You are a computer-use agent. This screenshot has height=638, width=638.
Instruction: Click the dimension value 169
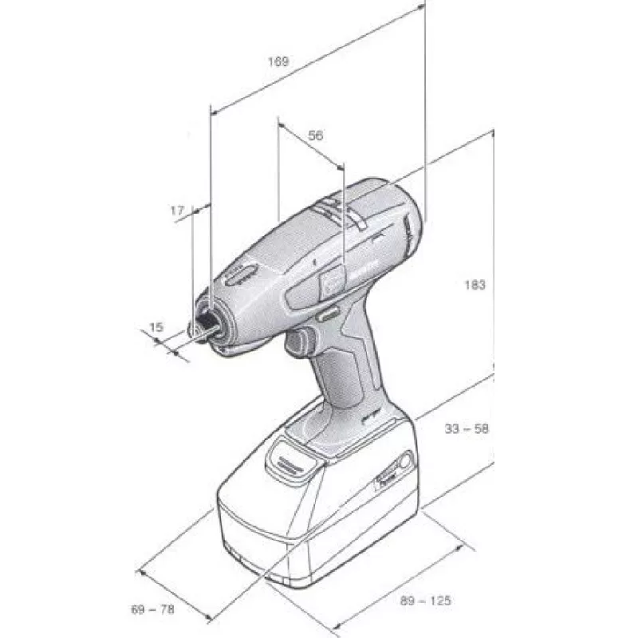278,61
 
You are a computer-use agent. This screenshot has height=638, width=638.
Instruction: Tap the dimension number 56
316,136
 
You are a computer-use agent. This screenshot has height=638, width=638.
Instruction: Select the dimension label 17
177,211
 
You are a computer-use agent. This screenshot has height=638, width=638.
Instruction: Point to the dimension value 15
156,327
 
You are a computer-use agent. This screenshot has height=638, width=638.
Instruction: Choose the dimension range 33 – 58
467,428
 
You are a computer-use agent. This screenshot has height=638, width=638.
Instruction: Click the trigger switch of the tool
300,343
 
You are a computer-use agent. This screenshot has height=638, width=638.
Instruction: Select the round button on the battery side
405,460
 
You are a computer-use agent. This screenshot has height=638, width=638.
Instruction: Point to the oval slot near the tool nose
240,276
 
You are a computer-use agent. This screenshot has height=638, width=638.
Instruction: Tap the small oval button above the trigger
328,315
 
